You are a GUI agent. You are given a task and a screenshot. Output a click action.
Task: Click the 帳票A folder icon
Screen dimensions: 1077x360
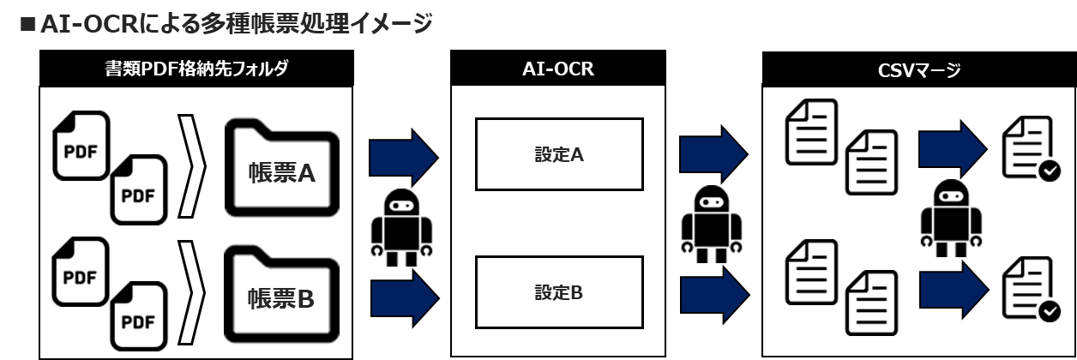282,168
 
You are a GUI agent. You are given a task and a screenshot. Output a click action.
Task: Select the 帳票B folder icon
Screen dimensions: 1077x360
282,294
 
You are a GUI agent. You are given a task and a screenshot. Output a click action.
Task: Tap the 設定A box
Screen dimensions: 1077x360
559,154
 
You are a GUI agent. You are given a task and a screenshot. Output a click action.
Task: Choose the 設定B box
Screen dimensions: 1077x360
559,292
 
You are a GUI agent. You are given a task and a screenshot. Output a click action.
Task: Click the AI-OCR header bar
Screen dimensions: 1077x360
558,69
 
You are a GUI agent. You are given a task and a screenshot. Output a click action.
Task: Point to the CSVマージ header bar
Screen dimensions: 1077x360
919,69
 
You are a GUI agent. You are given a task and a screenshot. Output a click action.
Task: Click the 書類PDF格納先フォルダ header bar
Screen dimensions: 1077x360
196,69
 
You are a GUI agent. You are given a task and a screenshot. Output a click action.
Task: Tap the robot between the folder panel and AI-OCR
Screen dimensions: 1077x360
401,227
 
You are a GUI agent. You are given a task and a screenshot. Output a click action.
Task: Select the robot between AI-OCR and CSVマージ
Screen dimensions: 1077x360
712,224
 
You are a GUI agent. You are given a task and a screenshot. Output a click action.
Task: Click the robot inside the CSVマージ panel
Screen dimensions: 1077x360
951,219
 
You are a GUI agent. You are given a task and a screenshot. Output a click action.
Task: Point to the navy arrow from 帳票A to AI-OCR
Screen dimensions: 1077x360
404,158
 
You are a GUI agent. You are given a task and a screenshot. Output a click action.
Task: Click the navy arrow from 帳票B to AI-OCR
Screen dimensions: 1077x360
405,298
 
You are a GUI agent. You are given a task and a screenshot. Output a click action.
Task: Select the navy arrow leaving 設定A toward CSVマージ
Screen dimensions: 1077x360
714,154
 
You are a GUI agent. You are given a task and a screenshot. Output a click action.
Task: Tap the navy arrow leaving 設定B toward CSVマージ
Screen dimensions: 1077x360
715,295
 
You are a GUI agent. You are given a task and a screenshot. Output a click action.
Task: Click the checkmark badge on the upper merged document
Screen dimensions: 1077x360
1050,171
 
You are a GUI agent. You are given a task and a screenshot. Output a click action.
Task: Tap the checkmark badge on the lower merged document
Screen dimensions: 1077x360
1050,311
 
